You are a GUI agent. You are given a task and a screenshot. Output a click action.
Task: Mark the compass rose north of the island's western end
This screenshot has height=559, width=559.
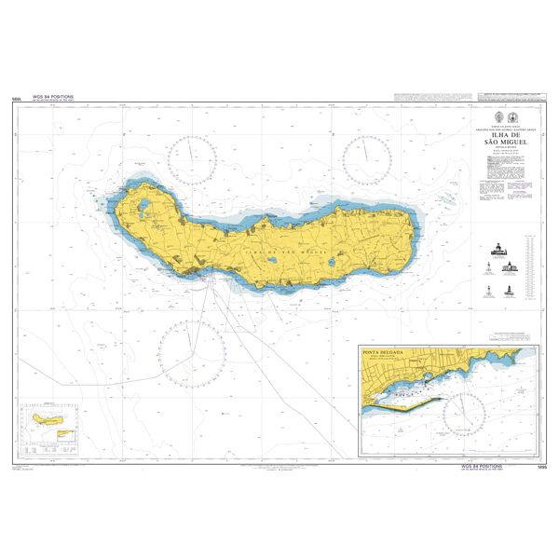point(198,157)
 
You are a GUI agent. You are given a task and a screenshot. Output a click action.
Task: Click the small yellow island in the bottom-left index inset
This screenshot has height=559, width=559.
point(46,421)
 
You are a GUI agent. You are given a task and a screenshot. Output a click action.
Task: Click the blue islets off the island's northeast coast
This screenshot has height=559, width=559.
point(444,199)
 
